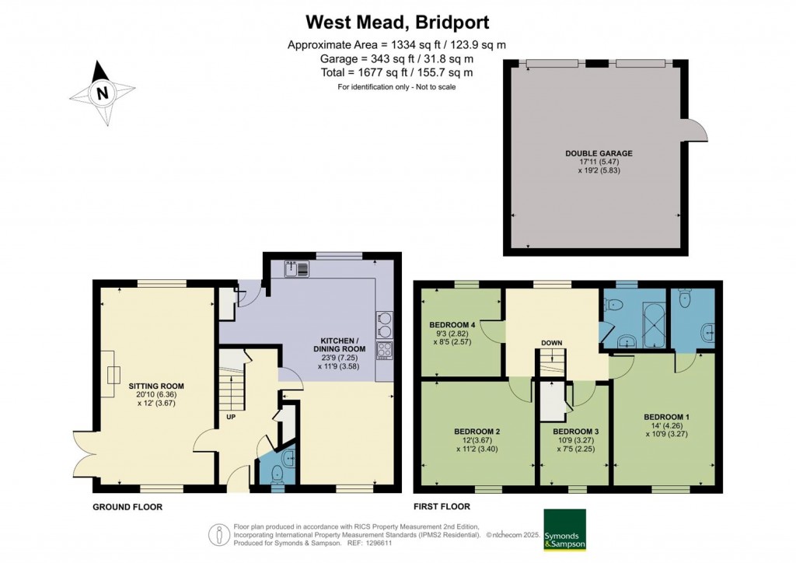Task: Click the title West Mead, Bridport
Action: click(x=397, y=21)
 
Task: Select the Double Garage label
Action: click(x=598, y=153)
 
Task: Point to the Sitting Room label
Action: click(x=153, y=386)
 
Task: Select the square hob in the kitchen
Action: click(x=384, y=349)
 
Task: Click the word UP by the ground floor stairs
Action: click(x=231, y=417)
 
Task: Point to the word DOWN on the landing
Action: click(x=553, y=343)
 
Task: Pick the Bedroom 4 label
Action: click(x=451, y=324)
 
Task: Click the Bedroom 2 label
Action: click(x=477, y=431)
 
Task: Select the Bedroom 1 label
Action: click(x=666, y=417)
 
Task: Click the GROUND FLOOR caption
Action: click(x=127, y=507)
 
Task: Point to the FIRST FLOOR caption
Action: click(x=442, y=507)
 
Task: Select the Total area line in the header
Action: click(x=397, y=72)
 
